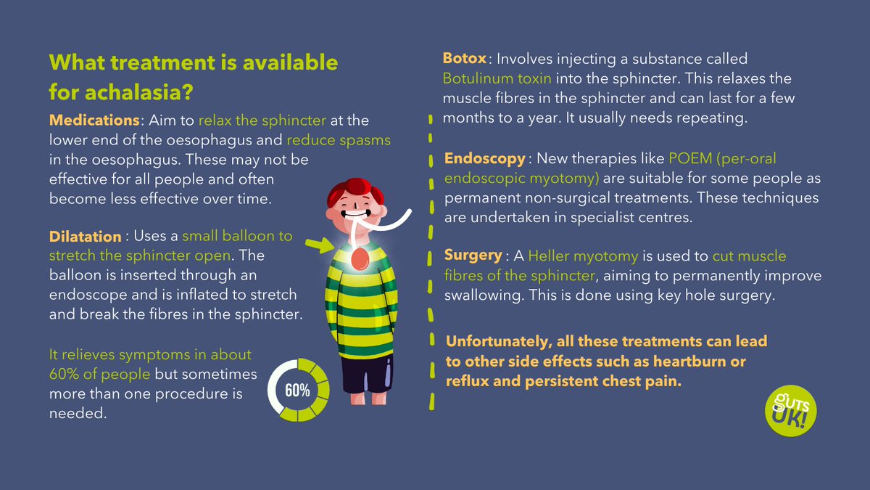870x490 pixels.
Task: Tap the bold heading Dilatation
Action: point(85,237)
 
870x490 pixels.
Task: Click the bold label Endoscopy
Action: point(484,158)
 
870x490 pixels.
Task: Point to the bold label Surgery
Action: point(473,256)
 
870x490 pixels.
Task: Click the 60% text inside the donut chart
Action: point(297,390)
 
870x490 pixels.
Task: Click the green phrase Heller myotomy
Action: point(583,256)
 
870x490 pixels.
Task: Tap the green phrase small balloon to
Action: point(237,237)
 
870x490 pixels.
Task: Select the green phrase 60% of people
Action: point(99,375)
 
